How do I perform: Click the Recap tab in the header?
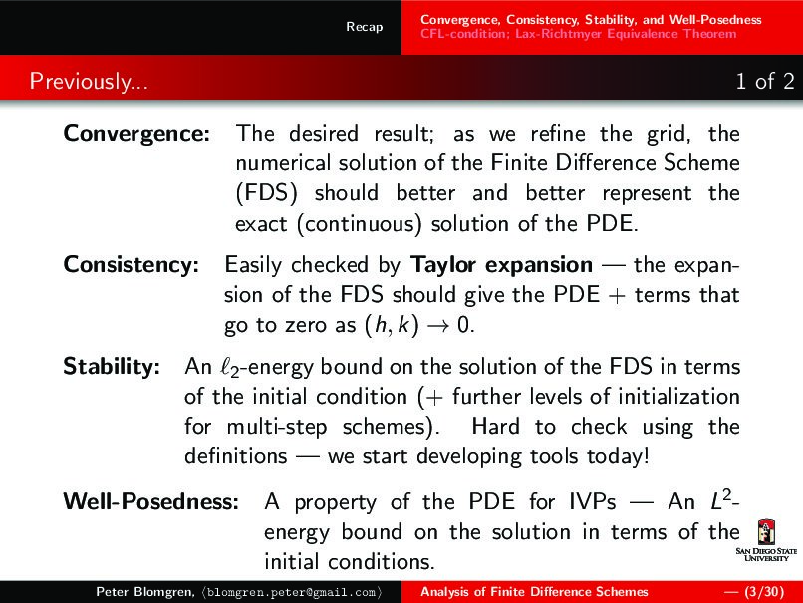pos(364,27)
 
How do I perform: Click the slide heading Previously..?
pos(89,81)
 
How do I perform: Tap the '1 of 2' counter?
pos(764,81)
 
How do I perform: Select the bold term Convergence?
pos(136,133)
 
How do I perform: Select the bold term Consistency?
pos(131,265)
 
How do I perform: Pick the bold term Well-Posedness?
pos(150,501)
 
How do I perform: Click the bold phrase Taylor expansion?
pos(501,265)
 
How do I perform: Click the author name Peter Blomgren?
pos(138,592)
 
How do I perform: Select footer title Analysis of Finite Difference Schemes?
pos(534,592)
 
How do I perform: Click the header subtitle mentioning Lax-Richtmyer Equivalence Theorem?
pos(578,34)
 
